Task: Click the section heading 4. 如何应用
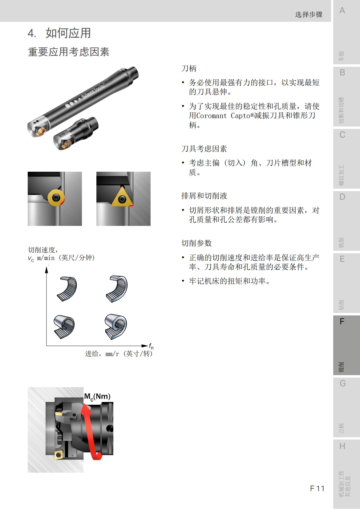pos(59,33)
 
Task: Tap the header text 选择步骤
pos(309,14)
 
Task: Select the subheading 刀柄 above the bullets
pos(189,68)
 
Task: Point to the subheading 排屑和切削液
pos(204,196)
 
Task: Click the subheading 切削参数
pos(196,243)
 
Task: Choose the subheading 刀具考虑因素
pos(204,149)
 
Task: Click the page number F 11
pos(317,488)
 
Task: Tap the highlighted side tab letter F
pos(342,322)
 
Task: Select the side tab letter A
pos(342,10)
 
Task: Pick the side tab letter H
pos(342,446)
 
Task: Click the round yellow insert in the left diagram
pos(56,197)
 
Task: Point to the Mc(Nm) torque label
pos(97,397)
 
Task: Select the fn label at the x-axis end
pos(151,346)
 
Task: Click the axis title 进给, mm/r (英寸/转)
pos(119,354)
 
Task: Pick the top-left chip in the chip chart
pos(67,288)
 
